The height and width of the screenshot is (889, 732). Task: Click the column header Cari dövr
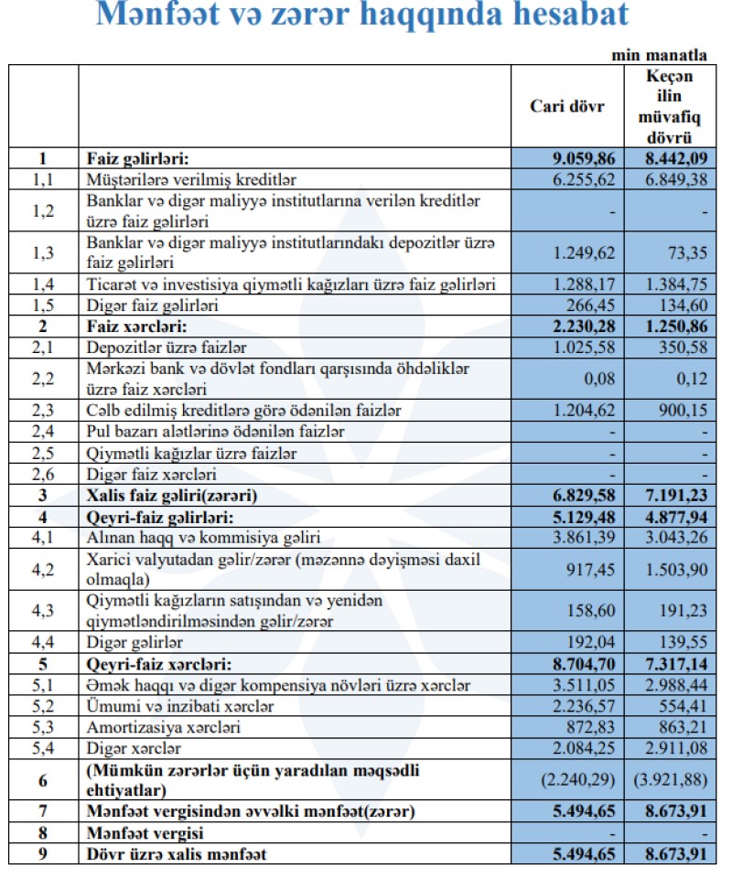tap(567, 106)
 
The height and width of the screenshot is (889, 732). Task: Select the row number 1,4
tap(43, 285)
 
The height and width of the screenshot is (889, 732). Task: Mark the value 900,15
tap(684, 412)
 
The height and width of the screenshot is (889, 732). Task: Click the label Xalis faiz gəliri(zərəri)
tap(172, 495)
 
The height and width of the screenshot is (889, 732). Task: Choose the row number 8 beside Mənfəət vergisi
tap(43, 834)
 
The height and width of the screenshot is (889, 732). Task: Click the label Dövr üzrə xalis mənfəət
tap(175, 855)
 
